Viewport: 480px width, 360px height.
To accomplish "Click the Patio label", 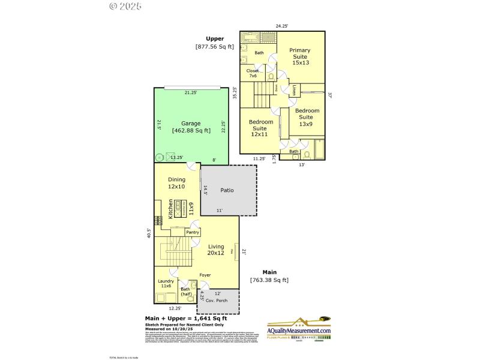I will click(x=227, y=191).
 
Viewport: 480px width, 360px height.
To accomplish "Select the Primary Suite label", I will click(x=300, y=56).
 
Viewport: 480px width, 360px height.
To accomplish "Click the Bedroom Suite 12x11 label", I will click(x=262, y=128).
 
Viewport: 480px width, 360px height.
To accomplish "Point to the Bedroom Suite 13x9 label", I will click(x=306, y=117).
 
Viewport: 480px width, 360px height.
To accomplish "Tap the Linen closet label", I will click(x=295, y=91).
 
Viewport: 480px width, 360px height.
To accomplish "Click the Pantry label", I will click(x=193, y=232).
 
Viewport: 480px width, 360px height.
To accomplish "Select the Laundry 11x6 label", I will click(x=166, y=284).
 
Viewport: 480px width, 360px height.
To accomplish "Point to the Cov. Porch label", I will click(x=217, y=300).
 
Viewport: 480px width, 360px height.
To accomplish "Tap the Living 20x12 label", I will click(x=216, y=250).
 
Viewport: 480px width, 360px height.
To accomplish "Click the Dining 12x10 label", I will click(x=176, y=183).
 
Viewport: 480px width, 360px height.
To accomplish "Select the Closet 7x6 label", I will click(x=253, y=73).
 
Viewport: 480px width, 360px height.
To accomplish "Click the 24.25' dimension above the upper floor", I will click(x=282, y=26).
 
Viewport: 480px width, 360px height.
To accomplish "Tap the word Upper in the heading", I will click(x=215, y=38).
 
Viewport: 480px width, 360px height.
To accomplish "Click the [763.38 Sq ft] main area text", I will click(x=269, y=280).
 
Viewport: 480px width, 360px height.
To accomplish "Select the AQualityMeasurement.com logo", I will click(x=299, y=331).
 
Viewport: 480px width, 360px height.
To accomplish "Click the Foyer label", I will click(x=205, y=275).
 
